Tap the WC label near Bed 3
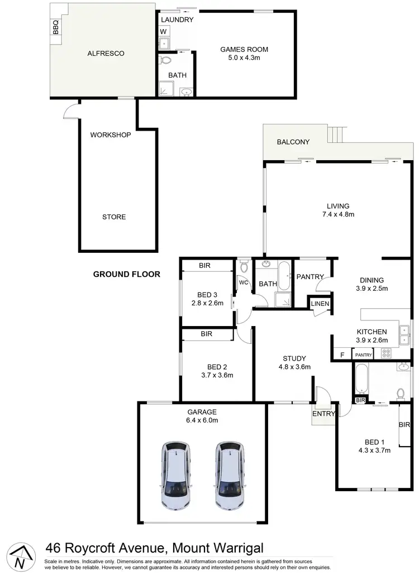tap(243, 282)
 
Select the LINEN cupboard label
tap(321, 304)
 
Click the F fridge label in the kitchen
tap(341, 354)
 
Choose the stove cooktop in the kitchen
tap(385, 353)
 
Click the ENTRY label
tap(323, 414)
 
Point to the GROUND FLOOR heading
tap(127, 274)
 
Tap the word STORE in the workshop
tap(114, 217)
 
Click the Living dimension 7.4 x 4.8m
tap(339, 214)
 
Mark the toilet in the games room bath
tap(165, 60)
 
